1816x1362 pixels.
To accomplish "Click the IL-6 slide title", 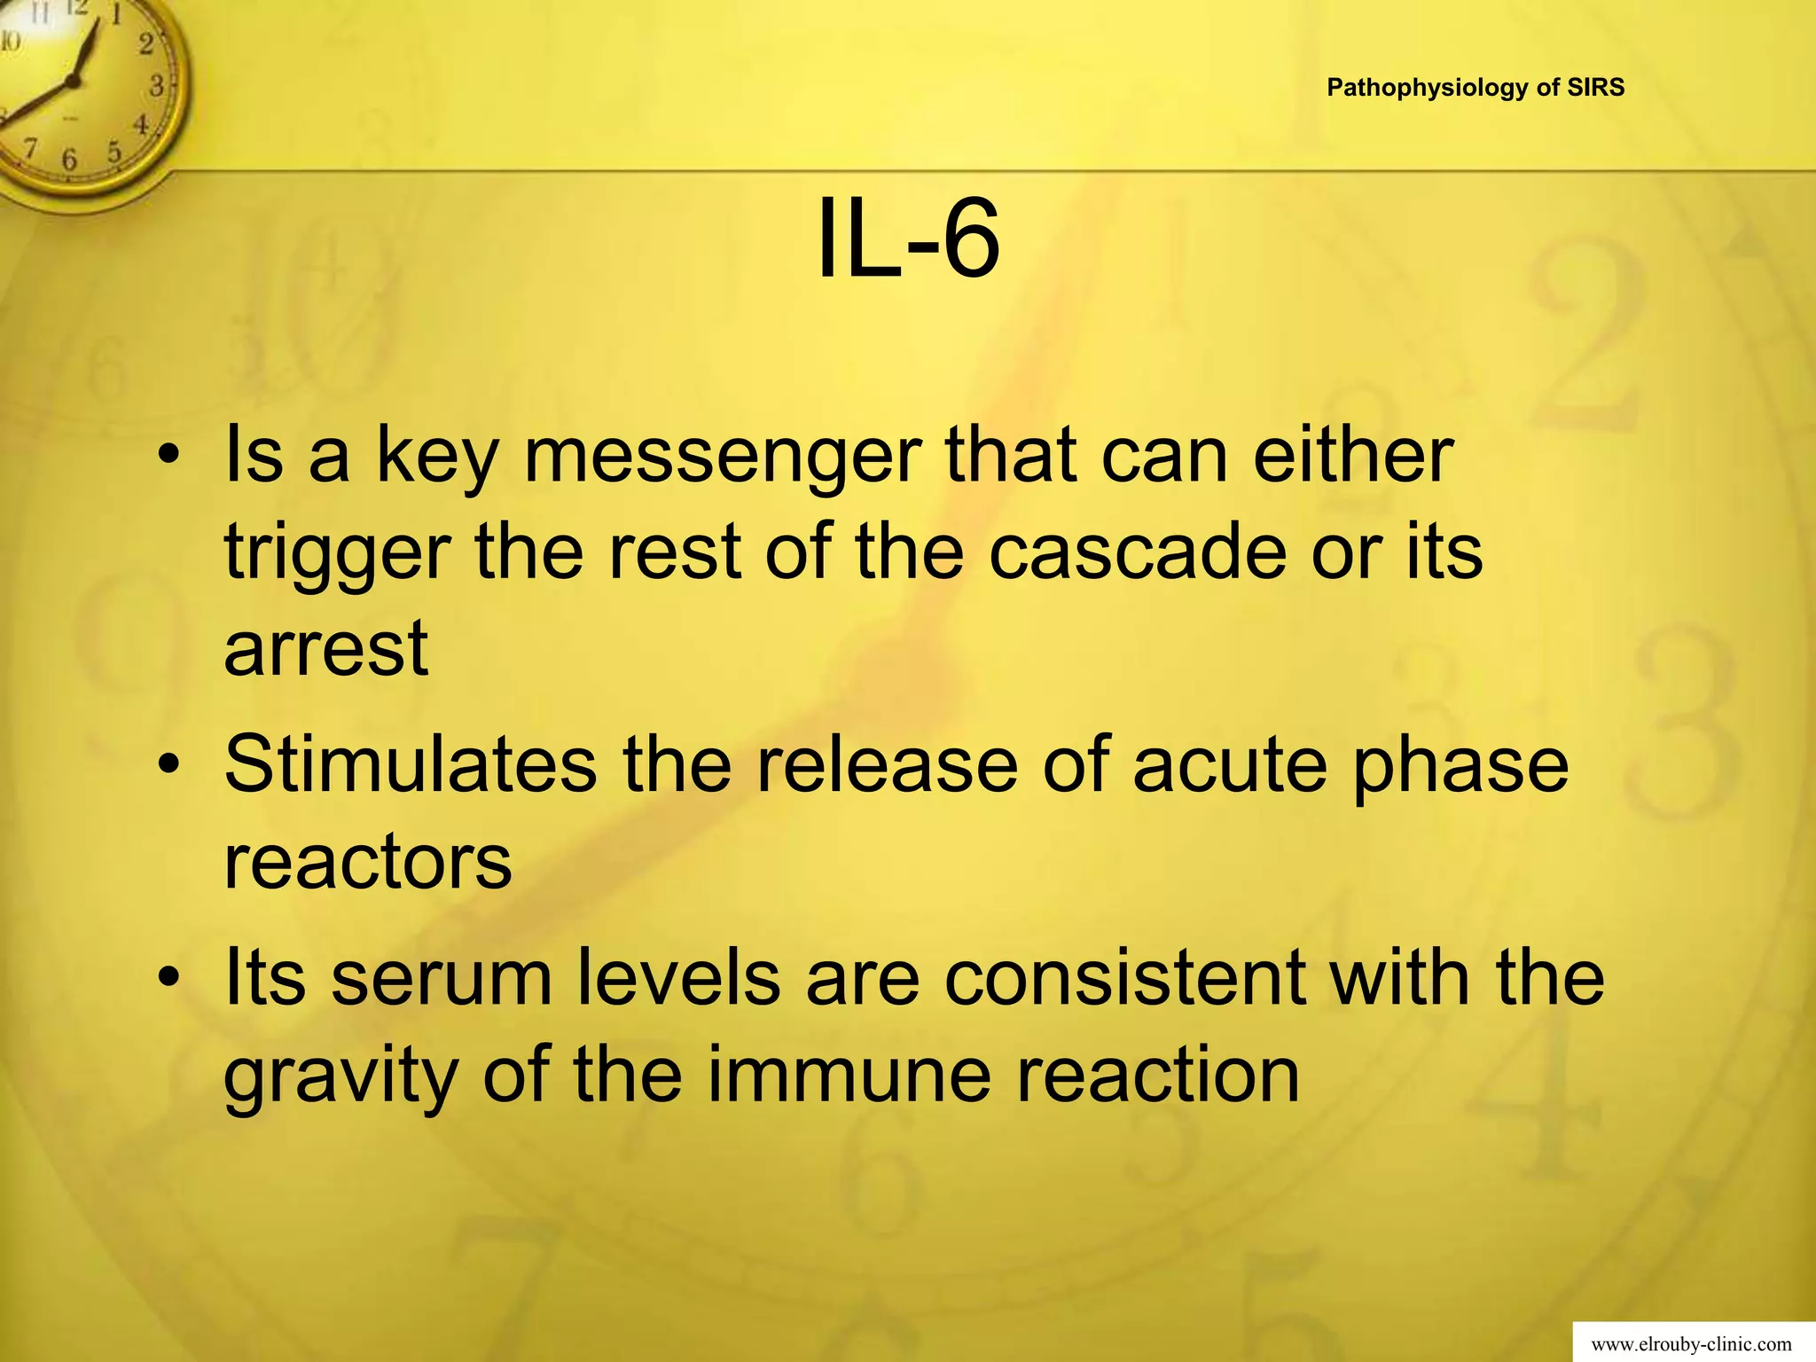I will point(907,239).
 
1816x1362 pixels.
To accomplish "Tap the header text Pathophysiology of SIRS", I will point(1475,88).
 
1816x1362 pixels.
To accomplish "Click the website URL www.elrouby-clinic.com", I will point(1692,1345).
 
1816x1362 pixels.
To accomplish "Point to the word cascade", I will point(1138,552).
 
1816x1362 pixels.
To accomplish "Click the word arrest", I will point(326,648).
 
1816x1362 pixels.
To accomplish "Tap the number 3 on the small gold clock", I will point(157,86).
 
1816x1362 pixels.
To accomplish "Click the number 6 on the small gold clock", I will point(69,160).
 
